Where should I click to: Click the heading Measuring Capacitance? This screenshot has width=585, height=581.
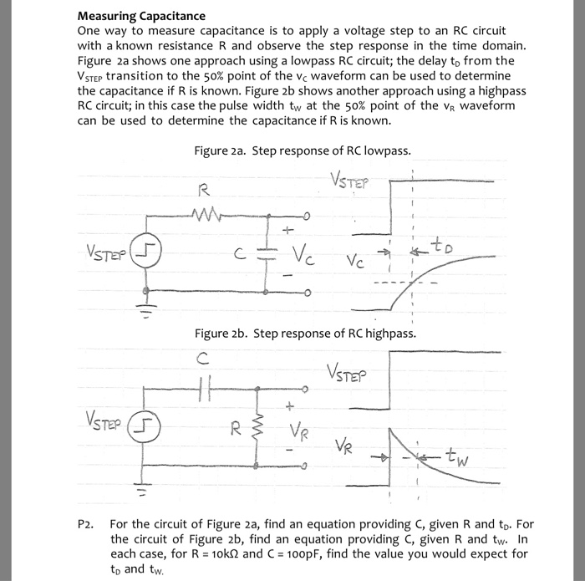[141, 15]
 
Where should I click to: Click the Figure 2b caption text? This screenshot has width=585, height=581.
[305, 334]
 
